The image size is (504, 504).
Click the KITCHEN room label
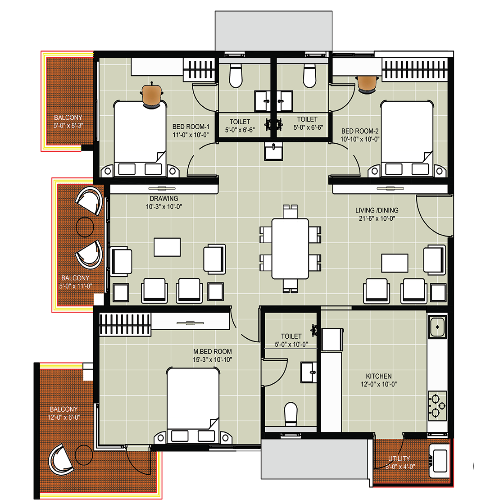(379, 376)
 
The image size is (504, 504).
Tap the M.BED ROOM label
(213, 352)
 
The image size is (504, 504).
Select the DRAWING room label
(164, 199)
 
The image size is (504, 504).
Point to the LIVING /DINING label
(377, 210)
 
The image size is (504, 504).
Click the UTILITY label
(399, 459)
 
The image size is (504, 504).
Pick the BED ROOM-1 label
(191, 127)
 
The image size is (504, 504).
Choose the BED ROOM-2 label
(360, 131)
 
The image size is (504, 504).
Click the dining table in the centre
(290, 249)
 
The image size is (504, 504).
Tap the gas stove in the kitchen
(437, 406)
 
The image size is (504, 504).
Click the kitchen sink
(437, 327)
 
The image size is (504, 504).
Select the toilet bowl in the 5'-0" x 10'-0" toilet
(291, 414)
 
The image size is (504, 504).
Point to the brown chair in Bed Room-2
(367, 84)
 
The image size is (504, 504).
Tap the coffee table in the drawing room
(167, 247)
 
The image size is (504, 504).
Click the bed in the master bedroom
(193, 406)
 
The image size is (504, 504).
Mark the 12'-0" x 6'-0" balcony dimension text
(64, 418)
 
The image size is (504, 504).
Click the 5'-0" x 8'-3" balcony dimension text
(68, 126)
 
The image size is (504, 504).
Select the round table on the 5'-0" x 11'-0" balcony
(85, 227)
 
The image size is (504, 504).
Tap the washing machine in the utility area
(440, 460)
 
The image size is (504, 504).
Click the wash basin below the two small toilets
(274, 151)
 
